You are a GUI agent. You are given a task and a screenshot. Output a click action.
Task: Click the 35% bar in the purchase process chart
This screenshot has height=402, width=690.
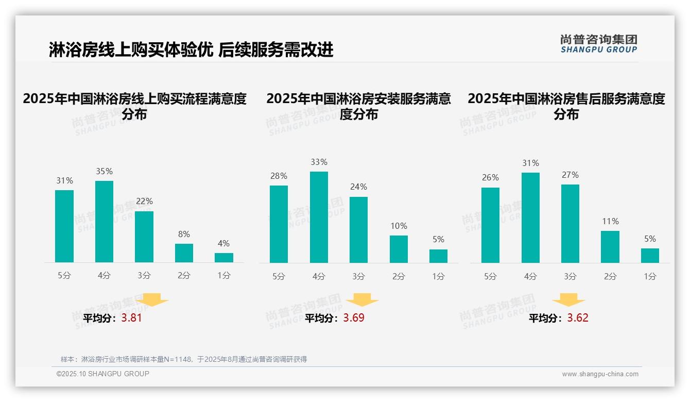[104, 222]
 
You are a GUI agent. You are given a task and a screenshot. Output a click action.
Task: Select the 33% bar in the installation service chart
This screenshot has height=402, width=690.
[319, 217]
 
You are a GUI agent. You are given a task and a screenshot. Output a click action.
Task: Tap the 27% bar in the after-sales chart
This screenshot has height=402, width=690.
[570, 224]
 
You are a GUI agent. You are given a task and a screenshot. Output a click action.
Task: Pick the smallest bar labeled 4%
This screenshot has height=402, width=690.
[224, 258]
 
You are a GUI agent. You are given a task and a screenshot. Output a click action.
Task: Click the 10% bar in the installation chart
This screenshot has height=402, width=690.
[399, 249]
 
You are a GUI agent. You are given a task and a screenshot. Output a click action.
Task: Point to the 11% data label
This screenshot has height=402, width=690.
[610, 221]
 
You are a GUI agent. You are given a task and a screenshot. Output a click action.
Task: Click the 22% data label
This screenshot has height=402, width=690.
[144, 201]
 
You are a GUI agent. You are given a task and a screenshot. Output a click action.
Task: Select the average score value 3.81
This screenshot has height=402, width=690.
[131, 318]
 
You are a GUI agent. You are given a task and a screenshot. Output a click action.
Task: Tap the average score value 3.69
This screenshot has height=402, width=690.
[354, 318]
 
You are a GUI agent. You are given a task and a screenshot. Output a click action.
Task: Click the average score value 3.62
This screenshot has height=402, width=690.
[578, 318]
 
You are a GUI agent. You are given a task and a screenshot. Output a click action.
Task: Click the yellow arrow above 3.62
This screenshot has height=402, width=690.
[568, 300]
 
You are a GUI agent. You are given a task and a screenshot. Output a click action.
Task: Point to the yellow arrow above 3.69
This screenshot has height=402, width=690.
[362, 300]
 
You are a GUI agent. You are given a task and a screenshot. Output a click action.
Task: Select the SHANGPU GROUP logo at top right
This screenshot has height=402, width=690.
[598, 44]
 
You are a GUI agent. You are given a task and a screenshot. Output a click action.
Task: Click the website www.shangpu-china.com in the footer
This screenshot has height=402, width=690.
[600, 374]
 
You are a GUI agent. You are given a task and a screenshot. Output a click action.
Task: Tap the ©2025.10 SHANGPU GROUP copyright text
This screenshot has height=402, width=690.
[103, 374]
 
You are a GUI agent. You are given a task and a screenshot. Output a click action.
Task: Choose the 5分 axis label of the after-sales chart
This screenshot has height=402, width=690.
[490, 276]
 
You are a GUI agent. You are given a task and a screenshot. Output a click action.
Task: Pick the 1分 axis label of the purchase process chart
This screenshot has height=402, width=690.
[224, 275]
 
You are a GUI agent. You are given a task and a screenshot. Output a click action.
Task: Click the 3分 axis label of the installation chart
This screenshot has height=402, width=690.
[359, 276]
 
